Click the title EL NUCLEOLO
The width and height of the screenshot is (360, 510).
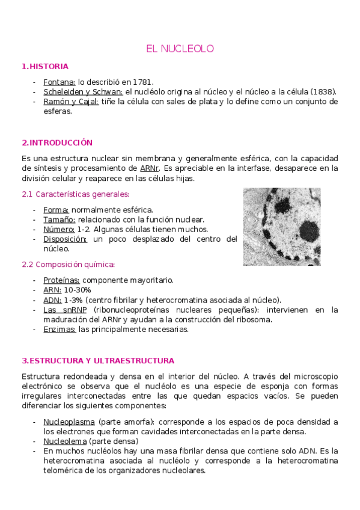(180, 48)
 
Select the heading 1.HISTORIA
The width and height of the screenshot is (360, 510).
(44, 66)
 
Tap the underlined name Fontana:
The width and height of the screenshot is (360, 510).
(59, 82)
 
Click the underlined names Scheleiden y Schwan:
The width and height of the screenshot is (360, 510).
(83, 91)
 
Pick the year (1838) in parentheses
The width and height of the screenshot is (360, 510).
(323, 91)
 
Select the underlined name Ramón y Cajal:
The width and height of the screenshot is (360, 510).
(71, 102)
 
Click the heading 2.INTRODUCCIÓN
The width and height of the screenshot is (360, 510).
(56, 143)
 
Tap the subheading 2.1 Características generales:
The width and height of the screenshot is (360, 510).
(75, 194)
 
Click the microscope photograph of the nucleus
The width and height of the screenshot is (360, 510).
(281, 226)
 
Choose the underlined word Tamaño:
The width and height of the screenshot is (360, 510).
(59, 220)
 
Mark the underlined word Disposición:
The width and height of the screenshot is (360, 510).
(65, 239)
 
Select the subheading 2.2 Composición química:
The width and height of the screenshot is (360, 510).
(68, 264)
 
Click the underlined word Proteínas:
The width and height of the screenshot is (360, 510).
(61, 280)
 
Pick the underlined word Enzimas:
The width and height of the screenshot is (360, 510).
(59, 329)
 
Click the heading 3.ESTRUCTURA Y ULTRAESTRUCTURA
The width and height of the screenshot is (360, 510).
(97, 361)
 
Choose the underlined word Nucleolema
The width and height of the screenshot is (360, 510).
(64, 441)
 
